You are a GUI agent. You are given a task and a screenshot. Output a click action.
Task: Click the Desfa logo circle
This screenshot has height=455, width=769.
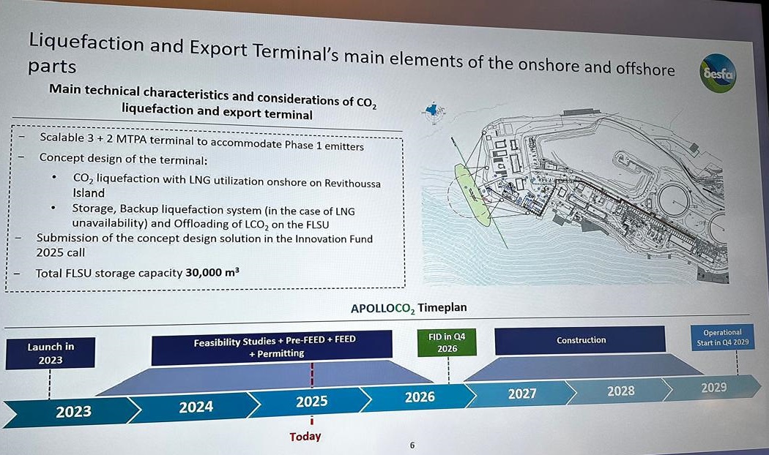pos(718,73)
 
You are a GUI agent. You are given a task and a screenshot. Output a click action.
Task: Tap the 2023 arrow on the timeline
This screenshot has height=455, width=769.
pos(73,411)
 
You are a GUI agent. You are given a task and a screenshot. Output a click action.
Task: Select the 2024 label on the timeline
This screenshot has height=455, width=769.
pos(196,407)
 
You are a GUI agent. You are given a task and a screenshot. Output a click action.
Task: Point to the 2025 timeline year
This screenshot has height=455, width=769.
pos(311,402)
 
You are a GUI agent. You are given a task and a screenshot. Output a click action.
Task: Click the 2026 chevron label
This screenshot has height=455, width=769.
pos(420,396)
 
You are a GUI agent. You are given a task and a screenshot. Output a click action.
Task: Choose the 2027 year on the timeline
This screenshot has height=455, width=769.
pos(521,394)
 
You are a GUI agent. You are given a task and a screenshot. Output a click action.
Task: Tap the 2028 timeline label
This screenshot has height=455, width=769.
pos(621,391)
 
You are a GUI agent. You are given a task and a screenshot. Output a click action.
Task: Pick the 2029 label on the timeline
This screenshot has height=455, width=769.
pos(713,388)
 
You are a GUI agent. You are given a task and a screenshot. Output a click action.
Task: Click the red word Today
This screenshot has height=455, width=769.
pos(305,437)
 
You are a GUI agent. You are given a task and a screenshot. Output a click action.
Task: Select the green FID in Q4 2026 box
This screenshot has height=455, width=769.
pos(447,342)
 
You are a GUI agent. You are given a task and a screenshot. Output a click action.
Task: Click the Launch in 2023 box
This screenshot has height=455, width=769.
pos(51,353)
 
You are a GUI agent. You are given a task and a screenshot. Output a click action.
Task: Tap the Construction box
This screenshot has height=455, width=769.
pos(580,340)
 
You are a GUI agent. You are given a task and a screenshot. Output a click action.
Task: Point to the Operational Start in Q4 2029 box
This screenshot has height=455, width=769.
pos(722,337)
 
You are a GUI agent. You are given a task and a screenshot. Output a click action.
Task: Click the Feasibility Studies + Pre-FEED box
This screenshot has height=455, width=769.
pos(272,347)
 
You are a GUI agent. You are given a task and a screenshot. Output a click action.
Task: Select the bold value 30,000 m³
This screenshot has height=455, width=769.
pos(212,272)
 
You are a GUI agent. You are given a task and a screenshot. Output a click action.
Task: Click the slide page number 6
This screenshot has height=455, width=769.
pos(412,445)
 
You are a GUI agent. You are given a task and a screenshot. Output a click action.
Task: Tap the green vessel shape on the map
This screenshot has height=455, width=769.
pos(472,195)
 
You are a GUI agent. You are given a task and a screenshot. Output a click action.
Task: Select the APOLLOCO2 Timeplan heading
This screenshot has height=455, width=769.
pos(409,308)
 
